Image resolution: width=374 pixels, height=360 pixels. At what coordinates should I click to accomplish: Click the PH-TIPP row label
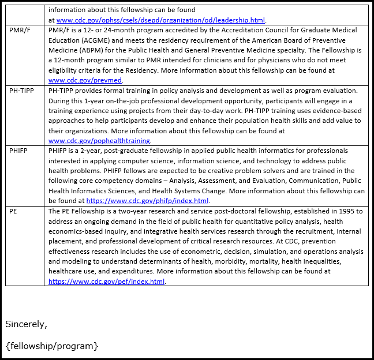(21, 91)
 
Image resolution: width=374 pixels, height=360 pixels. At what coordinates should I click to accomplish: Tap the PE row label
(13, 212)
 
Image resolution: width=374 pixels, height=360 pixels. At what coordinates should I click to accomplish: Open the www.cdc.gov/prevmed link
(85, 80)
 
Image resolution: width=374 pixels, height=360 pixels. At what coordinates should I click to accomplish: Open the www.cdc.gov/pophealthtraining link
(99, 141)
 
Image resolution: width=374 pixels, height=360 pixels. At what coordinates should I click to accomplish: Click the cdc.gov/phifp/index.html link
(147, 201)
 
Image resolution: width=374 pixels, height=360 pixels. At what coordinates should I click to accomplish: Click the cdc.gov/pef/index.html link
(107, 282)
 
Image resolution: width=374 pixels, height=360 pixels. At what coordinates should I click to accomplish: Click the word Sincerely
(26, 324)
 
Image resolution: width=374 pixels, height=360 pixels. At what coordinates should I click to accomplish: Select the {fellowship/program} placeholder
(52, 346)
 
